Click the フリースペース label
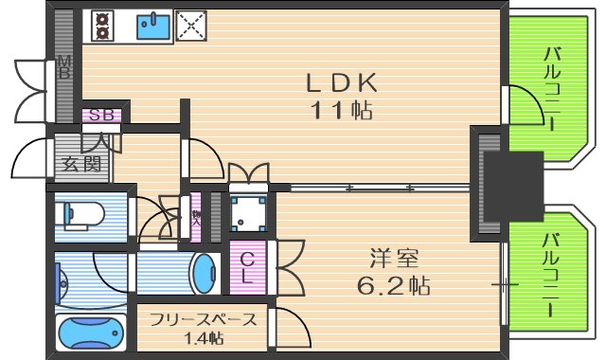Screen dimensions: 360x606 (x=203, y=318)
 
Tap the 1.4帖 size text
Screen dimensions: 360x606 (x=204, y=338)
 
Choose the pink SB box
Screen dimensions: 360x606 (x=102, y=116)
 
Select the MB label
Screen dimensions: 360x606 (x=65, y=68)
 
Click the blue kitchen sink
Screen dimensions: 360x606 (x=151, y=26)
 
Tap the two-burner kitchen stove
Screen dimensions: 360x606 (x=102, y=26)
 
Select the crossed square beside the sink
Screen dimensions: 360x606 (x=191, y=25)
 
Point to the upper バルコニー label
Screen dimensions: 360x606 (x=551, y=91)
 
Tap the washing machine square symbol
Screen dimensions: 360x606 (x=248, y=214)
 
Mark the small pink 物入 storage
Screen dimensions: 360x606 (x=197, y=216)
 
